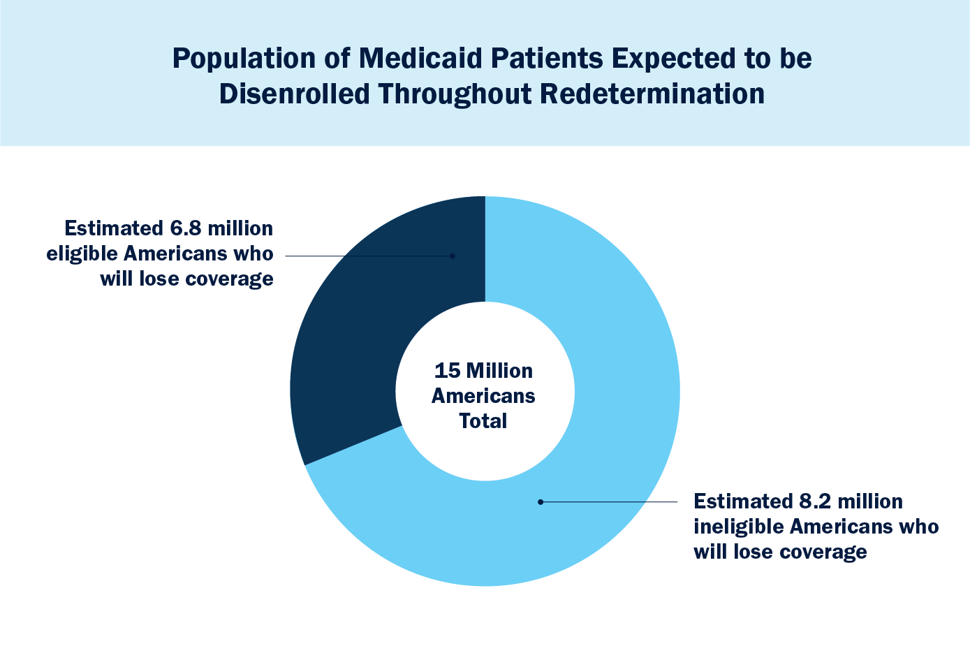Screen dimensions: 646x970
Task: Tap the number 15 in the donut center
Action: point(446,370)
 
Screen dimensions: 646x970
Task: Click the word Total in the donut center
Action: point(483,421)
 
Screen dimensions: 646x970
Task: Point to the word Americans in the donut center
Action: point(483,396)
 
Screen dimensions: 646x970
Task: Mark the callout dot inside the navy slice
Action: point(453,256)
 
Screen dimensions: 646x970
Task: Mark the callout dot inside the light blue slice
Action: point(540,501)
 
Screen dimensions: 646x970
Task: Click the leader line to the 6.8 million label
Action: point(367,256)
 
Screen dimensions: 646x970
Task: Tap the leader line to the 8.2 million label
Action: point(608,501)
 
